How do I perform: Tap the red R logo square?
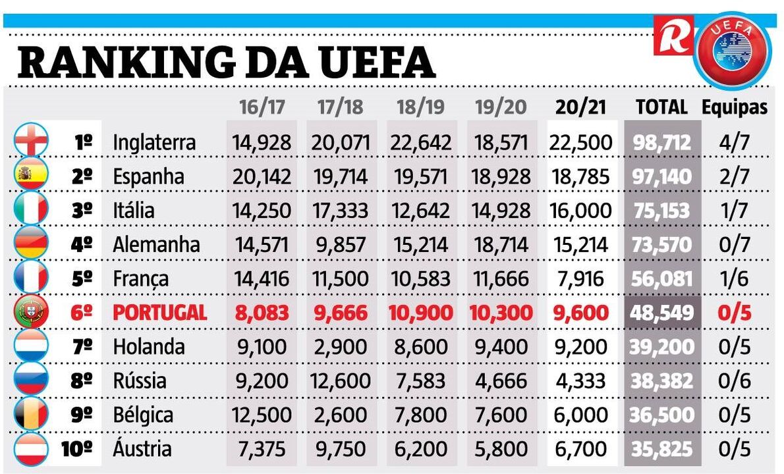click(x=673, y=35)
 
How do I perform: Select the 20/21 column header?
click(x=580, y=107)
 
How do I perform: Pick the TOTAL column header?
click(x=661, y=107)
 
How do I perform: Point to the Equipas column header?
click(x=735, y=107)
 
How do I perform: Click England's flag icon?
click(x=31, y=142)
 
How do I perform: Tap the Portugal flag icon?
click(x=31, y=312)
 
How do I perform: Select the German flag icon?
click(x=31, y=244)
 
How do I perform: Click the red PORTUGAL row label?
click(x=159, y=313)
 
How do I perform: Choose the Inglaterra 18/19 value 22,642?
click(x=420, y=142)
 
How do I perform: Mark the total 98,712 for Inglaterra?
click(x=661, y=142)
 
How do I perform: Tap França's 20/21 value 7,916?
click(x=580, y=278)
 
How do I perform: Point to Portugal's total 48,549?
click(x=661, y=313)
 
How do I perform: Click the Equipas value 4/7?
click(x=734, y=142)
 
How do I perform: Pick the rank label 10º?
click(x=77, y=449)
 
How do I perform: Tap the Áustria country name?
click(x=142, y=449)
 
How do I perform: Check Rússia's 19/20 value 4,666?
click(x=500, y=381)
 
